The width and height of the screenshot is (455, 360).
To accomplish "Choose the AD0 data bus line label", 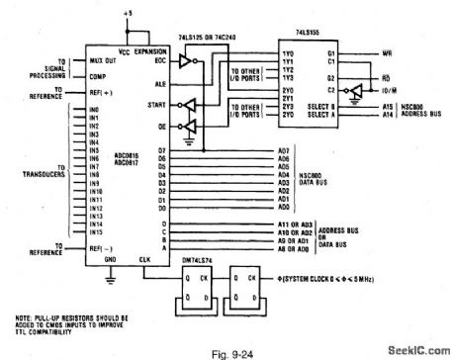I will (284, 208).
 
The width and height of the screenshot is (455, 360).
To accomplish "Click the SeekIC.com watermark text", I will (416, 349).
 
